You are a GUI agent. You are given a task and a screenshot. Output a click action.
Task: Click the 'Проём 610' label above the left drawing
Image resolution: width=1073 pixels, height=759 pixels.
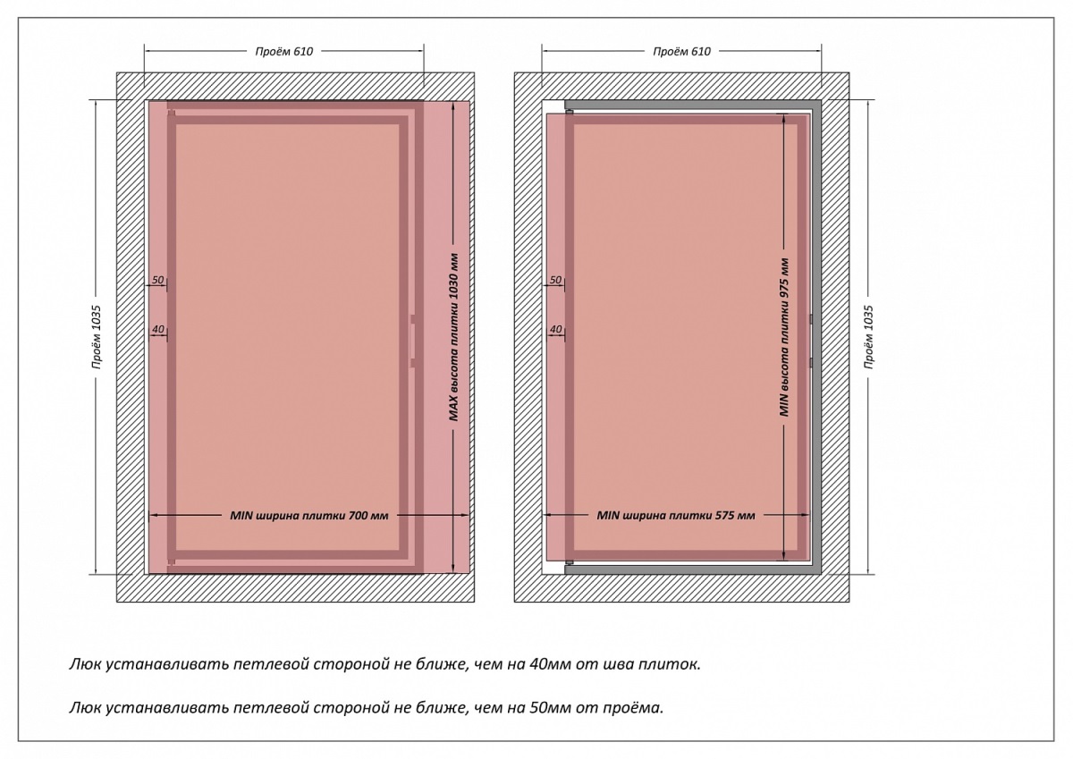coord(284,52)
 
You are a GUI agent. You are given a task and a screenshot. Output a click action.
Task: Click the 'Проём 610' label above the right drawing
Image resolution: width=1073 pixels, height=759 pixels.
coord(681,52)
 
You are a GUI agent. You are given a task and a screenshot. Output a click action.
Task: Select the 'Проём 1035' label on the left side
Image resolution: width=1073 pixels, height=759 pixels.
coord(96,337)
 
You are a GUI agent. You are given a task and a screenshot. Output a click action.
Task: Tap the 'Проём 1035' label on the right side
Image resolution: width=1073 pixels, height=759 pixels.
coord(868,337)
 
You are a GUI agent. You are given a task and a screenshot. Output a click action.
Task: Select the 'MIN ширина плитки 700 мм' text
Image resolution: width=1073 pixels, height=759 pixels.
coord(308,516)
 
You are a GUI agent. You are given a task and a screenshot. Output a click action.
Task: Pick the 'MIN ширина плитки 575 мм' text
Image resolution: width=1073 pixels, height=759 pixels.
coord(676,516)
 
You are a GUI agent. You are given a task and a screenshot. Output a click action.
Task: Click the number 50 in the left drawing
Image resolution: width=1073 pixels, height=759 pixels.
coord(157,281)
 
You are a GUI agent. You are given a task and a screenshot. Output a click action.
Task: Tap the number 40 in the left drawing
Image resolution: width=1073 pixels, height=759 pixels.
coord(157,330)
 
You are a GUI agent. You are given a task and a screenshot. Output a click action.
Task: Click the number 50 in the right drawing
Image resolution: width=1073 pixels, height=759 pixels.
coord(554,281)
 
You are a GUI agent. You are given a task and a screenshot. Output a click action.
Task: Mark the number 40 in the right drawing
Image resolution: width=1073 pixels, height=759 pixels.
coord(554,330)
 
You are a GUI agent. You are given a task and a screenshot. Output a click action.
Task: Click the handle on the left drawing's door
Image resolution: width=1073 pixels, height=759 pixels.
coord(412,341)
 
